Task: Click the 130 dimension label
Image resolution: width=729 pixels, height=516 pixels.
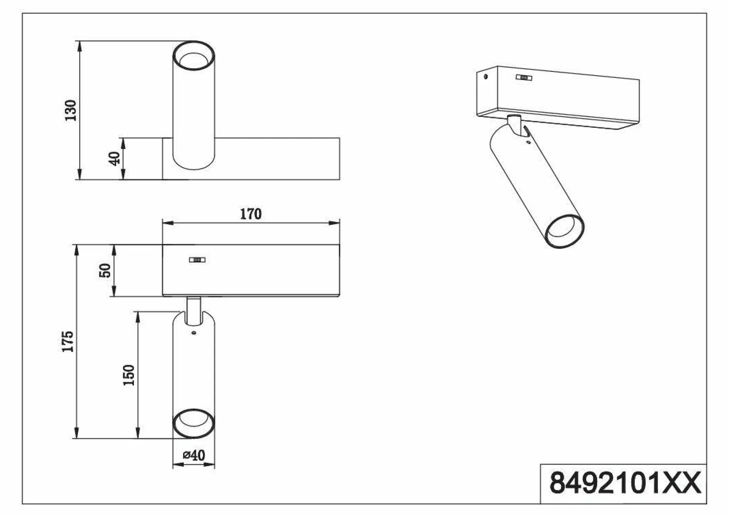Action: (x=70, y=110)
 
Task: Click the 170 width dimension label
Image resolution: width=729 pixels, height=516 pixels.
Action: (x=251, y=214)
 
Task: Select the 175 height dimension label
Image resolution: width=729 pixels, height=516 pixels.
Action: (x=68, y=341)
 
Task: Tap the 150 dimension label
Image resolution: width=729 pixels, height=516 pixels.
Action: (x=129, y=375)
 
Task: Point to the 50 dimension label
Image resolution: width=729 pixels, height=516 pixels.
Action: (x=105, y=271)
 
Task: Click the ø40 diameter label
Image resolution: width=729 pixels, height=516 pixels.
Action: (x=194, y=455)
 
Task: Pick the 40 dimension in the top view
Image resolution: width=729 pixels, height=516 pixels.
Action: (x=115, y=158)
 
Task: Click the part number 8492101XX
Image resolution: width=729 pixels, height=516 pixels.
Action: (x=625, y=483)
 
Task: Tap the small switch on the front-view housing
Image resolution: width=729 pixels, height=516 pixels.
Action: (x=197, y=260)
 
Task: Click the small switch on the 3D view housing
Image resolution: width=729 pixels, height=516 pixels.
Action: (x=524, y=78)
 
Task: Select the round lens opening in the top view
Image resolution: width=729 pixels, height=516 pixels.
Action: (x=194, y=56)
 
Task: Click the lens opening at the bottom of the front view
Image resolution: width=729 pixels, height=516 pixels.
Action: (x=194, y=423)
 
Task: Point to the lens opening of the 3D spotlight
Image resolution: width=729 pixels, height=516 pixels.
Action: (x=564, y=232)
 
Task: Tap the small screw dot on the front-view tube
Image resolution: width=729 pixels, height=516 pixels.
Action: (x=194, y=333)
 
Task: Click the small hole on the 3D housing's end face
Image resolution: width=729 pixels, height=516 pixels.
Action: (x=486, y=77)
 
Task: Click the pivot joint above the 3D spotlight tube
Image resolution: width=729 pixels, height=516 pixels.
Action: (x=515, y=125)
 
